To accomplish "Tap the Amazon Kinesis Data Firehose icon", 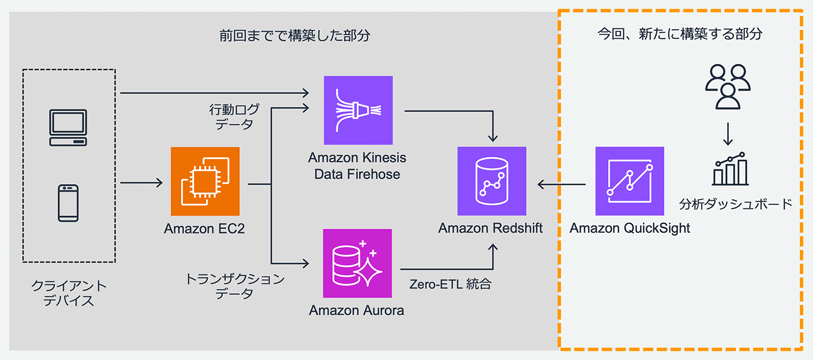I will [x=358, y=110].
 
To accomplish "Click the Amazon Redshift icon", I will [x=492, y=181].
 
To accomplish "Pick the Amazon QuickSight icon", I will [x=629, y=181].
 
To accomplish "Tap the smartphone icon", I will [x=69, y=203].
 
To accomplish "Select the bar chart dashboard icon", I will [x=729, y=168].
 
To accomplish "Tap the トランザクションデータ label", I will [x=235, y=286].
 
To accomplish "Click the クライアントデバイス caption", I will [x=69, y=293].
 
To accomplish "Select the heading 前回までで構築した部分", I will [x=294, y=35].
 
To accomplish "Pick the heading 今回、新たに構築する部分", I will [x=680, y=34].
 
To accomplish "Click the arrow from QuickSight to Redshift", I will [x=561, y=185].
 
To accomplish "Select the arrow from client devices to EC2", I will [x=141, y=183].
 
